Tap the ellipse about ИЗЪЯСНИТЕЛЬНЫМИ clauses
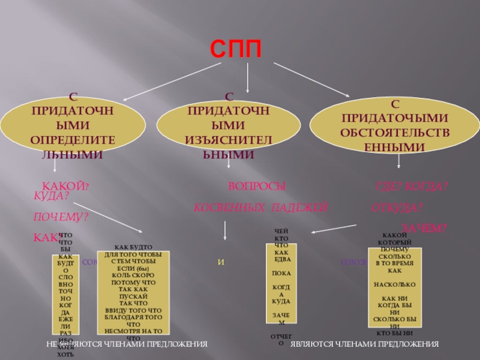pyautogui.click(x=229, y=126)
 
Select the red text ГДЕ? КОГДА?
pyautogui.click(x=412, y=187)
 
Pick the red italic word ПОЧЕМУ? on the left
pyautogui.click(x=61, y=216)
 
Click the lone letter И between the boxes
pyautogui.click(x=221, y=262)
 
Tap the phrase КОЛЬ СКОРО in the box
pyautogui.click(x=134, y=275)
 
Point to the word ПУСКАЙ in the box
pyautogui.click(x=134, y=295)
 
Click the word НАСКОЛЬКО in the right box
pyautogui.click(x=394, y=284)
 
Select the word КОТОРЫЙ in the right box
pyautogui.click(x=394, y=242)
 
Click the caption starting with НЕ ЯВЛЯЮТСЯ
pyautogui.click(x=127, y=344)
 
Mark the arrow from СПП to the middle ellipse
pyautogui.click(x=248, y=78)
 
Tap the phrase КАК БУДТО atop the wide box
pyautogui.click(x=133, y=247)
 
